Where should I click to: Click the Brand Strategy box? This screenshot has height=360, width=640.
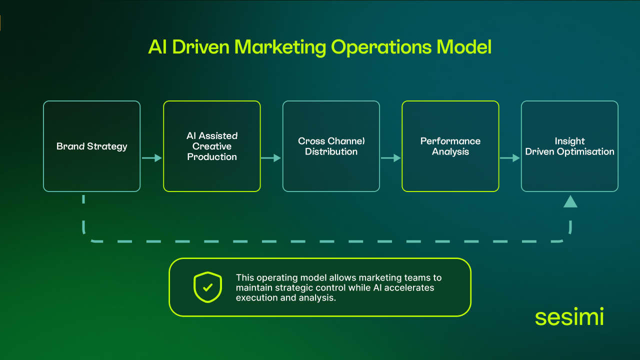[91, 146]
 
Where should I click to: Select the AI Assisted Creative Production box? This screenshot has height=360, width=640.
[212, 146]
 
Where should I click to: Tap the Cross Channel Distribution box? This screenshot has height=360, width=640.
[331, 146]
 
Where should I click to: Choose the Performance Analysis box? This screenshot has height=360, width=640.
[450, 146]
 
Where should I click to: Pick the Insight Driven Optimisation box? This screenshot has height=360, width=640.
[569, 146]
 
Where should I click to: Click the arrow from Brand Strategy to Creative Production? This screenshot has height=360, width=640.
[152, 158]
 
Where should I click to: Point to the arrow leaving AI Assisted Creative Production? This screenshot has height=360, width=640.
[271, 158]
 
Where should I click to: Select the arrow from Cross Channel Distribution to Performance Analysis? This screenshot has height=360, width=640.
[390, 158]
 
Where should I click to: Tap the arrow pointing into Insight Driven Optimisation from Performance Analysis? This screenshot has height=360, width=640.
[510, 158]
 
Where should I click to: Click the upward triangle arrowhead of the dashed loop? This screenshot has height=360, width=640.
[570, 201]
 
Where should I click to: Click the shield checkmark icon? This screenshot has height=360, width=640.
[207, 287]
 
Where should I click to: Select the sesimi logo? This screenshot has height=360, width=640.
[569, 317]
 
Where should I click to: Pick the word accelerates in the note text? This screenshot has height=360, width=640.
[409, 288]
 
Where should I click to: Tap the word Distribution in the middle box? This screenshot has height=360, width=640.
[331, 152]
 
